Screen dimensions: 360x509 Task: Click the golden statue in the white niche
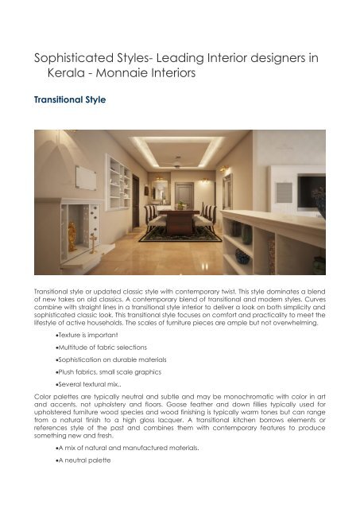pyautogui.click(x=72, y=235)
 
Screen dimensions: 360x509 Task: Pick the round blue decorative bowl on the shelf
pyautogui.click(x=242, y=256)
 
